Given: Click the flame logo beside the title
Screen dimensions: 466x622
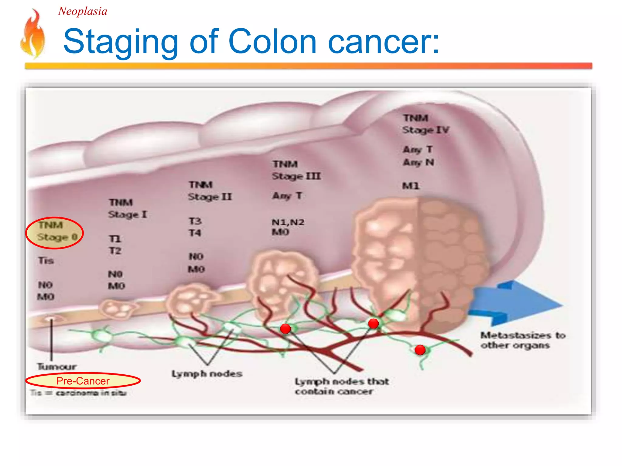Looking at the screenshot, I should (33, 34).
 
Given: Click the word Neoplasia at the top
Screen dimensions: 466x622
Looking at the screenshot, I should (83, 12).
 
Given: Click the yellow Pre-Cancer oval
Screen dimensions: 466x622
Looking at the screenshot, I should (83, 381).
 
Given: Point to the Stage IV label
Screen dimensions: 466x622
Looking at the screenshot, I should (425, 130).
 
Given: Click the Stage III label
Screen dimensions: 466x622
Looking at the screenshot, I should (296, 176).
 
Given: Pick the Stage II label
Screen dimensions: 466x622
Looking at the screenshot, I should (210, 197).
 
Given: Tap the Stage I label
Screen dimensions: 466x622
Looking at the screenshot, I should (128, 214).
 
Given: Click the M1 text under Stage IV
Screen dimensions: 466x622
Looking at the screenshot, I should (411, 186).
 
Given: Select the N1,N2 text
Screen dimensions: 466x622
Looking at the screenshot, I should (288, 222).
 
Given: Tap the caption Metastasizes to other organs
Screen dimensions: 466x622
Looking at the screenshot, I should (522, 340).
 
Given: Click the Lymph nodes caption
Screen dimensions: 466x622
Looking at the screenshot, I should (207, 373).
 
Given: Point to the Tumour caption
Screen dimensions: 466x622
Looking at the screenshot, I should (56, 366).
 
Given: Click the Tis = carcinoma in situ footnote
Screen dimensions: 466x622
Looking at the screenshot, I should (78, 393).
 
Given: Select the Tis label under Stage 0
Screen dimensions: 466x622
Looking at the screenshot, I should (46, 260).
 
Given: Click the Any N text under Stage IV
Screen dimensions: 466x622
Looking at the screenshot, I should (418, 163).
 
